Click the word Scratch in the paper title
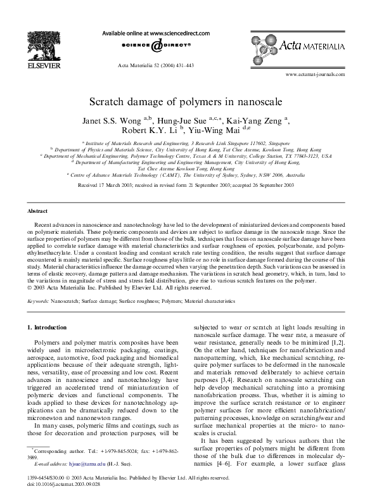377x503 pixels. (110, 101)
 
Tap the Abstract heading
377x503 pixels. (39, 210)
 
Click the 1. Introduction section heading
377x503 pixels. (48, 328)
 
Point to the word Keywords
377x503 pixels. (39, 302)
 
